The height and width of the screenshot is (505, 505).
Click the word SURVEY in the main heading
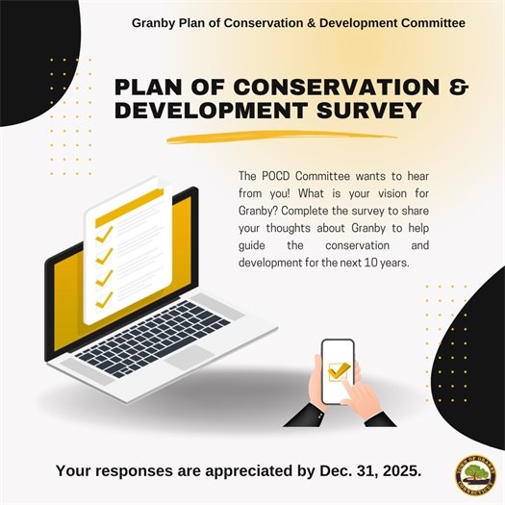(363, 111)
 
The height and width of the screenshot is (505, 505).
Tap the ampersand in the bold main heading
(459, 86)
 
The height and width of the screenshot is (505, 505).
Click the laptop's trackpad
(190, 358)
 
